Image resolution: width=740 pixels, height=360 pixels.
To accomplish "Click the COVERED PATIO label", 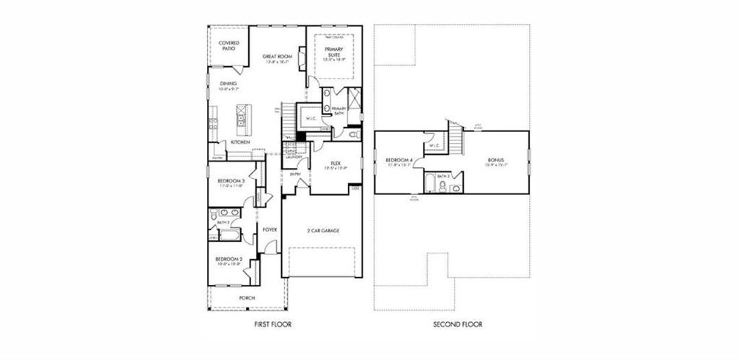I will tap(229, 46).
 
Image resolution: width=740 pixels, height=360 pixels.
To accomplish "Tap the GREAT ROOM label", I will tap(277, 56).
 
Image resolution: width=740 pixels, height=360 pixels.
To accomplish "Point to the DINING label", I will tap(228, 83).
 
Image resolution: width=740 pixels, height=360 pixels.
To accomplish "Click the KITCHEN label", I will tap(240, 142).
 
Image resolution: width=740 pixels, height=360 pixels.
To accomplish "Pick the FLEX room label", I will tap(336, 163).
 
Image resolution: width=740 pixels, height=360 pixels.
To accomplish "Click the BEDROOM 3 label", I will tap(231, 181).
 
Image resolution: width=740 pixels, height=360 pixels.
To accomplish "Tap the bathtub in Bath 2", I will tap(229, 235).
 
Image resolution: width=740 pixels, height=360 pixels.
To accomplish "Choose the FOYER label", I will tap(269, 229).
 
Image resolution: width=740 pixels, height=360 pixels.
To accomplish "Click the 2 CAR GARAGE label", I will tap(323, 230).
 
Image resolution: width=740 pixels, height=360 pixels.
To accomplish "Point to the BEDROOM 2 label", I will tap(229, 259).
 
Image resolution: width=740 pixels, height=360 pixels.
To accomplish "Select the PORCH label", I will tap(246, 298).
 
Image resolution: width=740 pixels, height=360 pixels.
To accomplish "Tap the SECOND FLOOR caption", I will tap(458, 325).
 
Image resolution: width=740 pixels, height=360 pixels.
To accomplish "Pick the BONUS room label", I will tap(496, 160).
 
